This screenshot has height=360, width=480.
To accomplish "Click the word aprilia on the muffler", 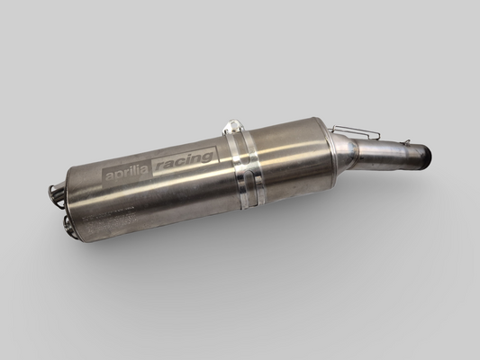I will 127,173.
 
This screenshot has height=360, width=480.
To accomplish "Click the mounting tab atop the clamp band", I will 233,128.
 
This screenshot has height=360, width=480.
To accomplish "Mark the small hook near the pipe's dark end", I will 407,142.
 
